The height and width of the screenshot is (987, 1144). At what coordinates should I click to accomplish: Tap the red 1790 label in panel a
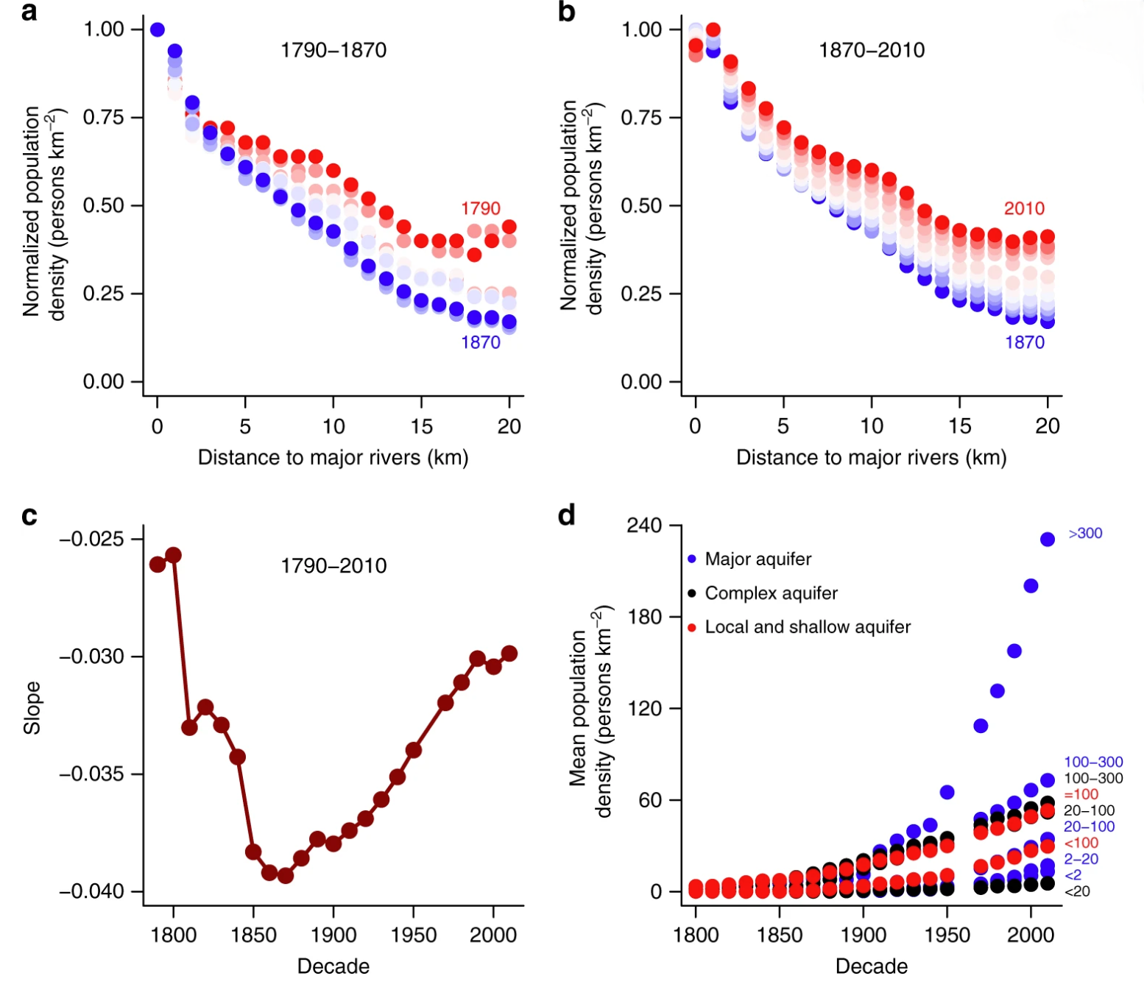click(481, 208)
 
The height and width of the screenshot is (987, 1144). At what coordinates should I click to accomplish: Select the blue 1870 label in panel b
click(1025, 342)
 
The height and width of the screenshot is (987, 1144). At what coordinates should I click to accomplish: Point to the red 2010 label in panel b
click(1024, 208)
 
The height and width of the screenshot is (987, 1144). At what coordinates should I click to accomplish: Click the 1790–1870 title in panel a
click(333, 50)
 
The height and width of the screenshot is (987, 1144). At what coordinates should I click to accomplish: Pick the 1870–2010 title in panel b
click(872, 50)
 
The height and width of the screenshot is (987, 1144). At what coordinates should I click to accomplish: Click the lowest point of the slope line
click(286, 876)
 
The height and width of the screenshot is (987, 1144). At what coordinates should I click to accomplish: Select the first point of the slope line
click(158, 565)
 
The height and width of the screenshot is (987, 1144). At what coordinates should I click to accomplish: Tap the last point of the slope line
click(509, 654)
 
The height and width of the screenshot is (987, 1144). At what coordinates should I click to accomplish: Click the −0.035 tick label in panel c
click(92, 774)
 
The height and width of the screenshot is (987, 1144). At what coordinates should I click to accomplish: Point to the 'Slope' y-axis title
click(32, 707)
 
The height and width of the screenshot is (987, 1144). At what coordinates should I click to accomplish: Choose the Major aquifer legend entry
click(758, 559)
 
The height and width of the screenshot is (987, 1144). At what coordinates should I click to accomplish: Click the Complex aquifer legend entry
click(771, 593)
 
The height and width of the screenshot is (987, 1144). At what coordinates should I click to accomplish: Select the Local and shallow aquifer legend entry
click(807, 627)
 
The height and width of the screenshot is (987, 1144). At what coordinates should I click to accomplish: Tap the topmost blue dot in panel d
click(1048, 540)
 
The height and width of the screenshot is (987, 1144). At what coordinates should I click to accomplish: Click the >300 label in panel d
click(1085, 534)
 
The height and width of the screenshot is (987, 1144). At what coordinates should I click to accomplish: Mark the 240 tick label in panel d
click(644, 526)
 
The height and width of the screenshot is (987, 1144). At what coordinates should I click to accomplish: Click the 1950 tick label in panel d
click(947, 935)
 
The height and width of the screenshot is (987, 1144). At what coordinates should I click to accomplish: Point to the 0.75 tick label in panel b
click(641, 118)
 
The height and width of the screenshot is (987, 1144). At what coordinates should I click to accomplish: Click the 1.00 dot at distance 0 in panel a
click(158, 29)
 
